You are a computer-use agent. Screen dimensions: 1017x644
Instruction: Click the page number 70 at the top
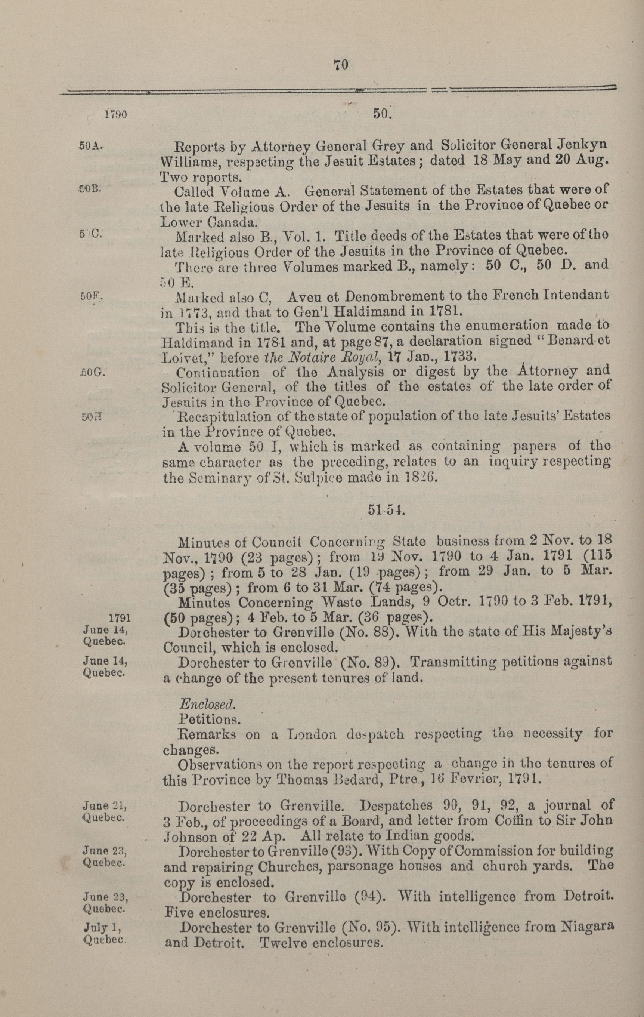340,65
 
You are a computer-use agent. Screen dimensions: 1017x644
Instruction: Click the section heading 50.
383,114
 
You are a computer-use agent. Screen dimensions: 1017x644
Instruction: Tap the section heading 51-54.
386,510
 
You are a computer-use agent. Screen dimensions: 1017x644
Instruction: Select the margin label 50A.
91,147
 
